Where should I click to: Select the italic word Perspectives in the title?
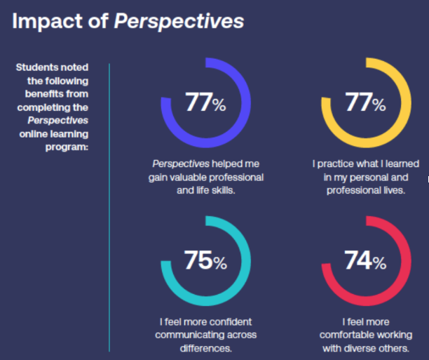coord(179,21)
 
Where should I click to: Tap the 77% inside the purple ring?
coord(205,103)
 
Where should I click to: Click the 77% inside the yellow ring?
coord(365,103)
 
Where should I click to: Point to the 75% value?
coord(205,261)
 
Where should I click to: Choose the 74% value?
coord(365,261)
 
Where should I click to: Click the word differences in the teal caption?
coord(205,347)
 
